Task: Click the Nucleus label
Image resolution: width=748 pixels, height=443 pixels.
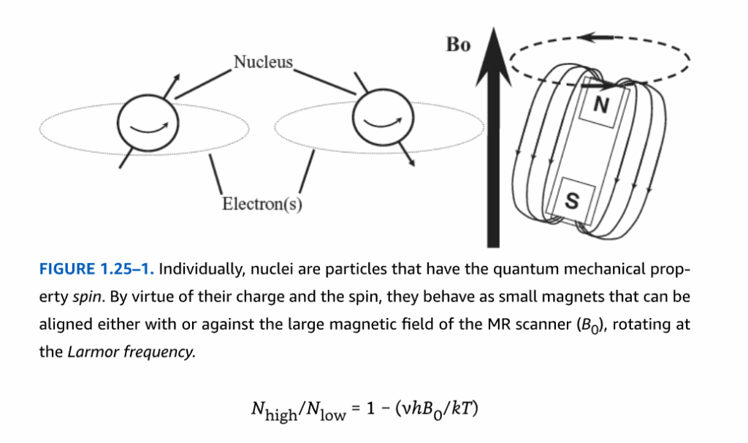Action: point(263,62)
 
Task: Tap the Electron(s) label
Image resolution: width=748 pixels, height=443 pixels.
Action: point(262,204)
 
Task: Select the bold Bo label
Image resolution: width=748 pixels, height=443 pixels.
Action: point(458,45)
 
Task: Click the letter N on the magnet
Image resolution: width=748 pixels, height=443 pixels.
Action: point(601,104)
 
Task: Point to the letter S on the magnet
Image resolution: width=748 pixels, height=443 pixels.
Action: point(572,200)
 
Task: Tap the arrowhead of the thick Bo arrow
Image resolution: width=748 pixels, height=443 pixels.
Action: point(494,56)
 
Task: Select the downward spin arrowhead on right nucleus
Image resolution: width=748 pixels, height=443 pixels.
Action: point(411,163)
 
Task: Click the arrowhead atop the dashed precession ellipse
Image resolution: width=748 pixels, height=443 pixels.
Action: point(588,37)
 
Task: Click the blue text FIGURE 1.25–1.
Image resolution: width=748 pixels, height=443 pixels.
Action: point(96,269)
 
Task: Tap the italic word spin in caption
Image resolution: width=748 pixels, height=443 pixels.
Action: point(87,298)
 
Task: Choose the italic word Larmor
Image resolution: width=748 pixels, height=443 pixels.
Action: point(93,352)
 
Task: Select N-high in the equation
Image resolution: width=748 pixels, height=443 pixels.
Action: point(274,412)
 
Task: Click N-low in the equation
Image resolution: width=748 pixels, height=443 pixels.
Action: point(326,412)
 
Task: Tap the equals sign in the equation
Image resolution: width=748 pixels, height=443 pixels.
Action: point(356,409)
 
